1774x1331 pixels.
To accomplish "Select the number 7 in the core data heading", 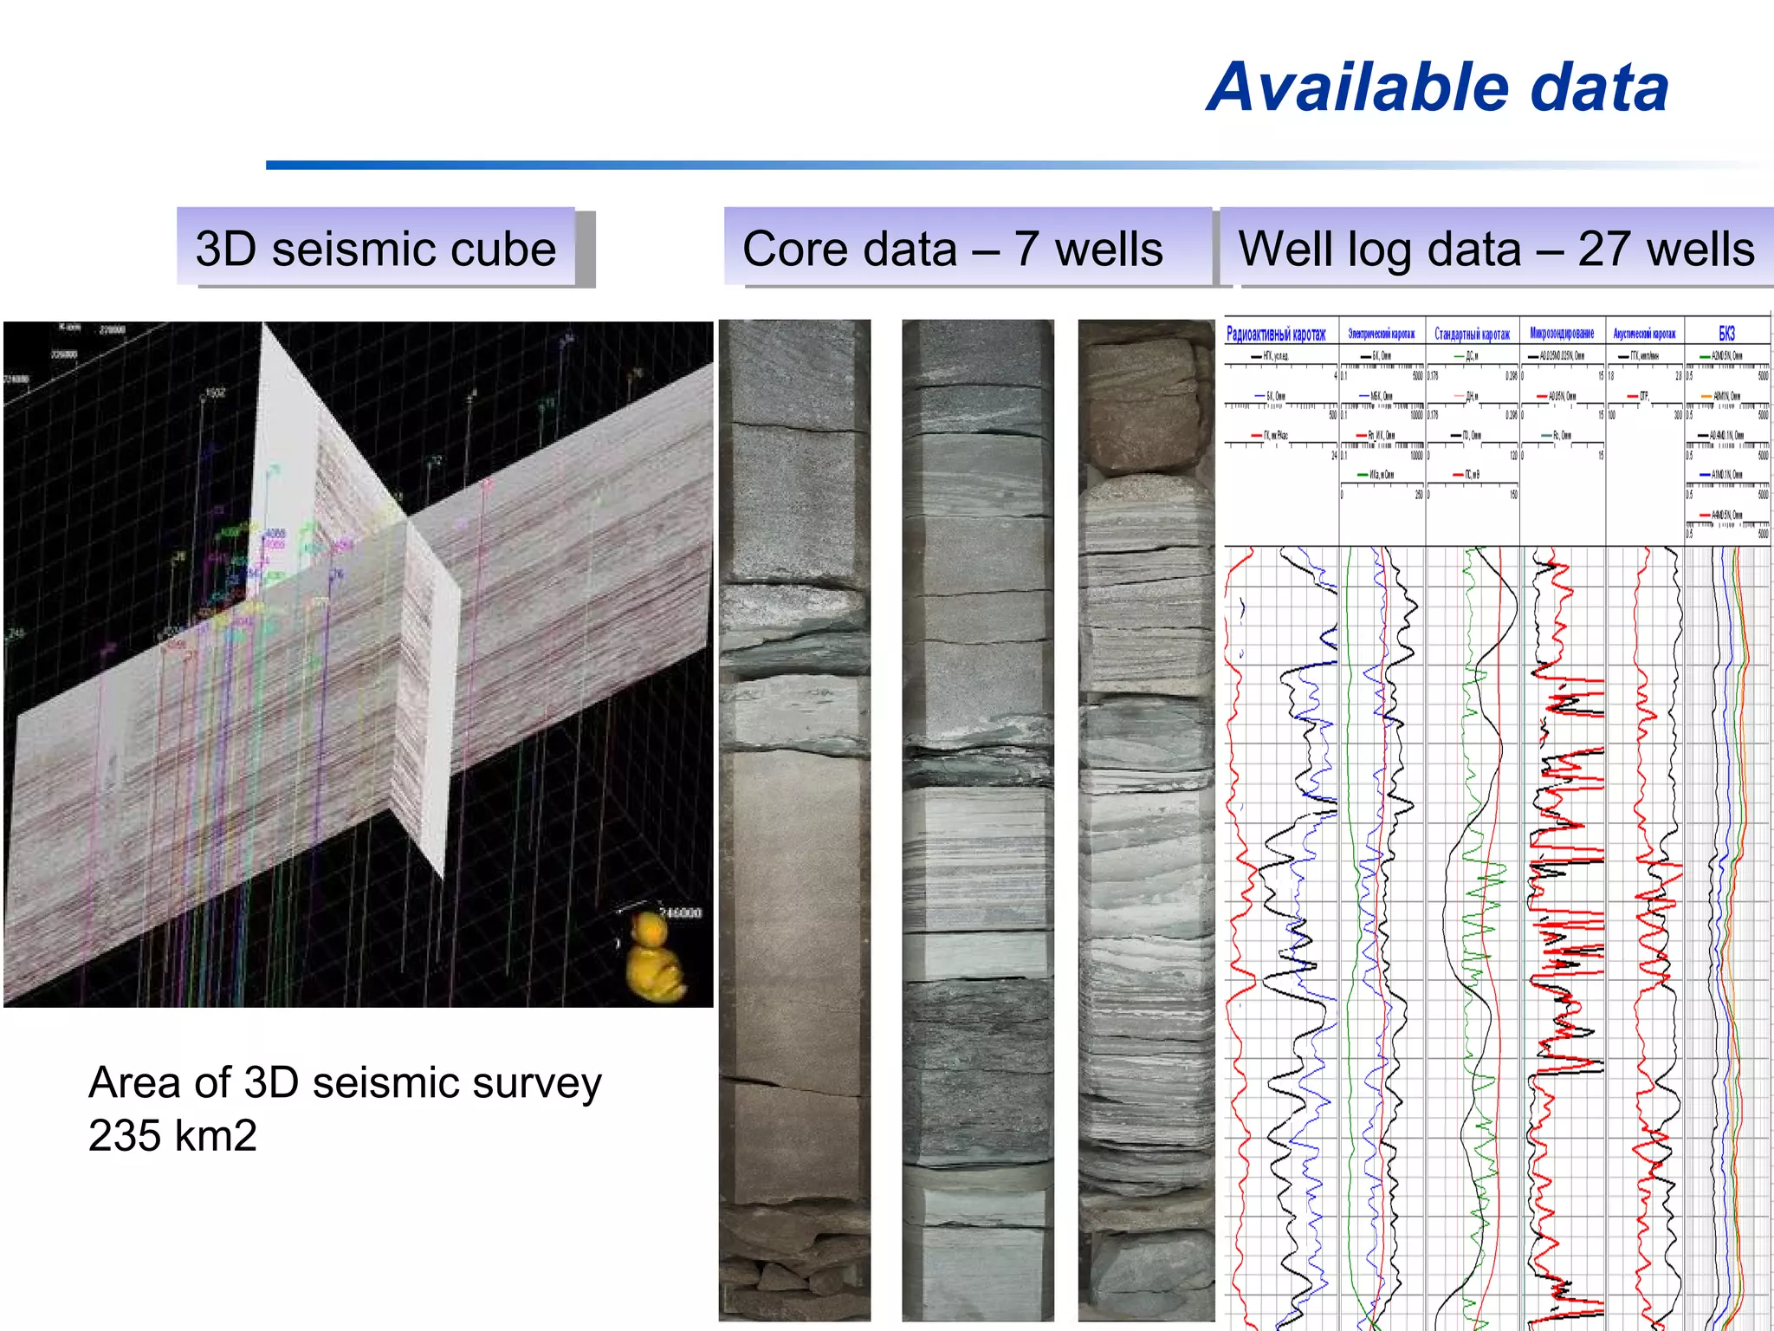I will coord(1026,250).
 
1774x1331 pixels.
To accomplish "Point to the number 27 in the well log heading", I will coord(1604,250).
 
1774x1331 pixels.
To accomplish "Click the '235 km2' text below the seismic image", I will coord(172,1135).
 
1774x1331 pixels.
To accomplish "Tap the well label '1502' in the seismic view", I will coord(213,393).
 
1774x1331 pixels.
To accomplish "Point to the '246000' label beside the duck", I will coord(681,913).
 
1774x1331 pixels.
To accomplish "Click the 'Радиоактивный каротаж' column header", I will coord(1276,334).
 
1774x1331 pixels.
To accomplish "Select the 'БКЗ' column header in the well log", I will coord(1726,334).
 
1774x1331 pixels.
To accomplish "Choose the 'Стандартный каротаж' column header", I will coord(1472,334).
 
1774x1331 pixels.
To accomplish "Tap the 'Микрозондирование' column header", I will coord(1562,334).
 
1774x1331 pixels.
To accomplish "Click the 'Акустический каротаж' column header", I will coord(1644,334).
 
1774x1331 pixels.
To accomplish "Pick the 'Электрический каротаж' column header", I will coord(1382,334).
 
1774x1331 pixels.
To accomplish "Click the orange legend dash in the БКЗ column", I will coord(1706,396).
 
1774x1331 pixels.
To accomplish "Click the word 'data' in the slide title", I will coord(1599,88).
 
